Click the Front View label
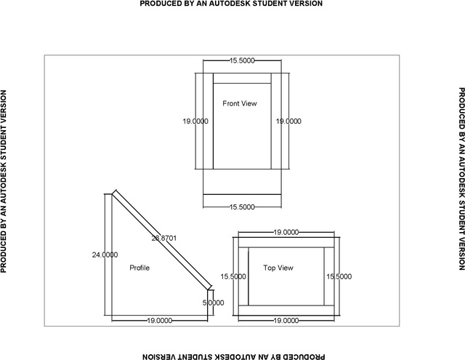tap(240, 103)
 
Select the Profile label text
tap(139, 268)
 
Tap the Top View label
tap(278, 268)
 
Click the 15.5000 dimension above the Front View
tap(242, 60)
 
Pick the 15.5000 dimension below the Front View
tap(242, 207)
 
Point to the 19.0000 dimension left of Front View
tap(195, 121)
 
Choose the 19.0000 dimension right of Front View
tap(288, 121)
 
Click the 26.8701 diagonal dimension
tap(164, 238)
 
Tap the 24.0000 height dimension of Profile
tap(105, 255)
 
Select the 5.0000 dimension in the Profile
tap(213, 303)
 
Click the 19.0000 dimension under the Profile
tap(160, 321)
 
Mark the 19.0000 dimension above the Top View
tap(286, 232)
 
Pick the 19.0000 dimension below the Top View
tap(286, 321)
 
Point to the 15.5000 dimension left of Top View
tap(233, 276)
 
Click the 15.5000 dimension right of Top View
tap(339, 276)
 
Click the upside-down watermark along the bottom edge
tap(234, 356)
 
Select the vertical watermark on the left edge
tap(4, 181)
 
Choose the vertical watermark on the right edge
tap(461, 179)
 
